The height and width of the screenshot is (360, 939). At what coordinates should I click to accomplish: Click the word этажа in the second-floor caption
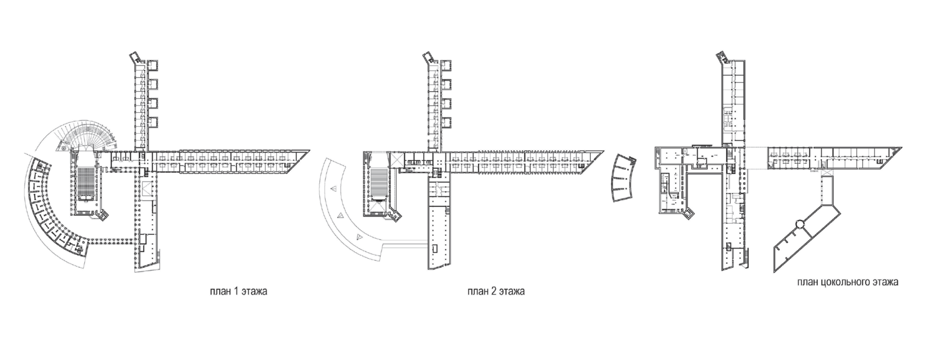pos(511,292)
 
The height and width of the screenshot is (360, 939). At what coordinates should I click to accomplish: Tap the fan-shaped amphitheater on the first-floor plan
pos(89,134)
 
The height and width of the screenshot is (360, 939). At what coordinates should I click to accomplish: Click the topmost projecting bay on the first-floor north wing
pos(153,66)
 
